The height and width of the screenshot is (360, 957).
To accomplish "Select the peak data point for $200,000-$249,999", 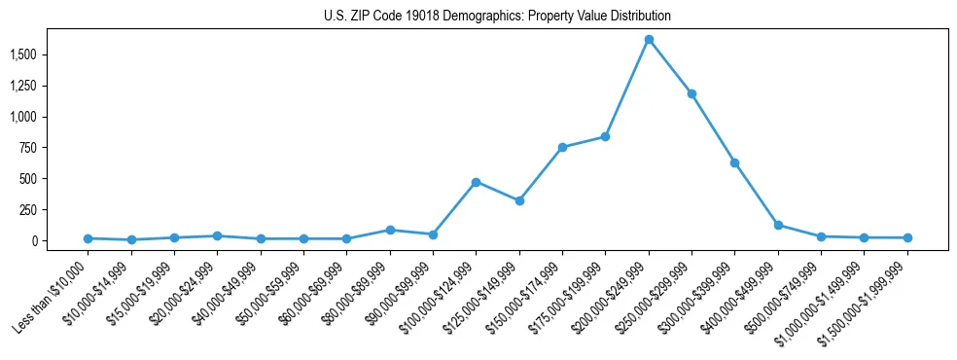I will (x=649, y=40).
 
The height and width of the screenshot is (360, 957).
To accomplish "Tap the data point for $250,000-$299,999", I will (x=691, y=94).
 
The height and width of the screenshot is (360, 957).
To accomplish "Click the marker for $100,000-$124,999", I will (x=476, y=182).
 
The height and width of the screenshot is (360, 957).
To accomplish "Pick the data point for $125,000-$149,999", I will (x=519, y=201).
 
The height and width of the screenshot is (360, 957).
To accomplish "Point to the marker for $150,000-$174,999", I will (x=562, y=147).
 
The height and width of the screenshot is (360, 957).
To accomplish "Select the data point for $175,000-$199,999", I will (x=605, y=136).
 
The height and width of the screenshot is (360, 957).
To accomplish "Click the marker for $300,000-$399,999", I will (x=734, y=162).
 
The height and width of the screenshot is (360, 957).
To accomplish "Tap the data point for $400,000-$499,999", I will (x=778, y=225).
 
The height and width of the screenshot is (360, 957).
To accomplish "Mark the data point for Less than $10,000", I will (x=88, y=238).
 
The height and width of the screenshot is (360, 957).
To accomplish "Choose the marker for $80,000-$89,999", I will (x=390, y=231).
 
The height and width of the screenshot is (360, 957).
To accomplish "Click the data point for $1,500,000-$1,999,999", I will (x=907, y=237).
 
